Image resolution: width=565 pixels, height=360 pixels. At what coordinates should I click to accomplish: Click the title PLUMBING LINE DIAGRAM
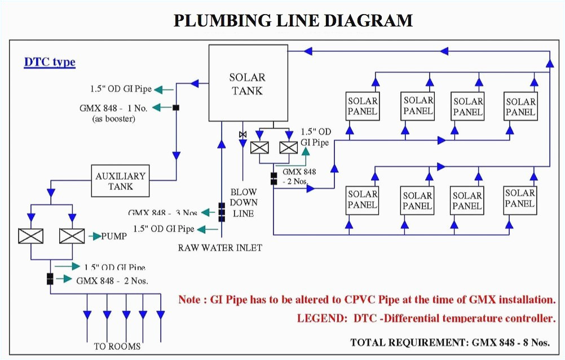(293, 21)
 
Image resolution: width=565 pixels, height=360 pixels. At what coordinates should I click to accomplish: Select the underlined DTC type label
(50, 62)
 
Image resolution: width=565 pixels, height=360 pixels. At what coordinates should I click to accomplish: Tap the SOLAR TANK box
(246, 83)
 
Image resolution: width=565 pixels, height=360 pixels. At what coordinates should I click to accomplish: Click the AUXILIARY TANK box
(120, 181)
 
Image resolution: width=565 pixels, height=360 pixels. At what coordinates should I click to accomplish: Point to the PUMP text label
(114, 237)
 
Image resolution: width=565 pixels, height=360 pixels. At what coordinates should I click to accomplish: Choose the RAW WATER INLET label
(220, 247)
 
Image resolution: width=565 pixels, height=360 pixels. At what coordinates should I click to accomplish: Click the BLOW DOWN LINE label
(244, 202)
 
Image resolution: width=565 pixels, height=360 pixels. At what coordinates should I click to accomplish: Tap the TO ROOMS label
(117, 346)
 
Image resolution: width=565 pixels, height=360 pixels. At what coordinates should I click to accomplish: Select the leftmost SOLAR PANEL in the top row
(363, 106)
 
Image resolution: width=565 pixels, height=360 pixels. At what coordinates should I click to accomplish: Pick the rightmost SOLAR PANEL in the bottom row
(520, 199)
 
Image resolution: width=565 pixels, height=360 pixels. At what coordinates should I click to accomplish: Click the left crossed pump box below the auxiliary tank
(30, 236)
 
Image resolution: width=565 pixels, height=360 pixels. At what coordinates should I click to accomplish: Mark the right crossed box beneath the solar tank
(289, 148)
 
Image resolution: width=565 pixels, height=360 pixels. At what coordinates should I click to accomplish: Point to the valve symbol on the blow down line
(242, 135)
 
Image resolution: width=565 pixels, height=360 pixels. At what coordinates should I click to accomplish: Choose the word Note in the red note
(189, 300)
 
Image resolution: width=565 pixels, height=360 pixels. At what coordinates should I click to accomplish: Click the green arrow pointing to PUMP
(94, 237)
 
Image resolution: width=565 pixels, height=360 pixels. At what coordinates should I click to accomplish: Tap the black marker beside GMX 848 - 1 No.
(176, 107)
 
